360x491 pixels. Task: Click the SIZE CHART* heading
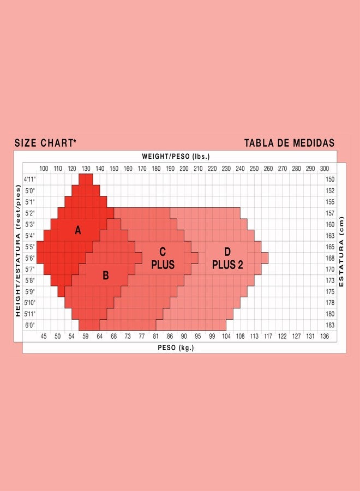pos(45,143)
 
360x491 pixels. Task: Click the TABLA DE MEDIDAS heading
pos(289,143)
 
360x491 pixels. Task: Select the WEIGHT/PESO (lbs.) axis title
pos(176,157)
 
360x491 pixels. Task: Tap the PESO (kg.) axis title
pos(176,348)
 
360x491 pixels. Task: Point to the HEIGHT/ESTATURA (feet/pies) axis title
pos(17,251)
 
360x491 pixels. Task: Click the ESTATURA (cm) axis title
pos(341,252)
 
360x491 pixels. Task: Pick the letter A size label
pos(77,231)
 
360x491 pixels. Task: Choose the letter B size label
pos(106,276)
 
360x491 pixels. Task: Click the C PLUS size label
pos(163,258)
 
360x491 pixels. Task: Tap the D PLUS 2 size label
pos(227,258)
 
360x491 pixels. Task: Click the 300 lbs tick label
pos(325,169)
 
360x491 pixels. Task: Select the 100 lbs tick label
pos(44,169)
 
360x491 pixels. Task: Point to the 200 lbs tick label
pos(184,169)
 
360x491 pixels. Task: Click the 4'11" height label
pos(29,179)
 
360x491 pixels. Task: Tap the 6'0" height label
pos(29,325)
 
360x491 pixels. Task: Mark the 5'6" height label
pos(29,258)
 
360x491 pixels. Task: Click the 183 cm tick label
pos(330,325)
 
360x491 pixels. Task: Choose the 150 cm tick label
pos(330,179)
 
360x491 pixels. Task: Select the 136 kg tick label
pos(325,336)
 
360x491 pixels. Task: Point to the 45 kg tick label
pos(44,336)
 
